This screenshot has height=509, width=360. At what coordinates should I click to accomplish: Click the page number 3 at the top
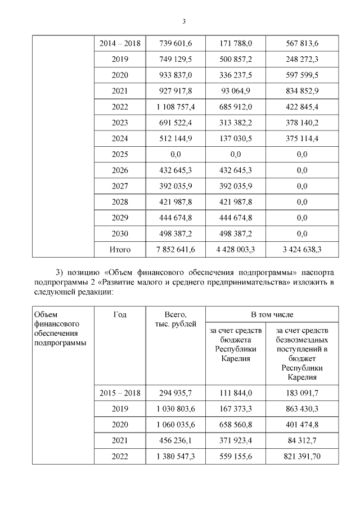pos(184,22)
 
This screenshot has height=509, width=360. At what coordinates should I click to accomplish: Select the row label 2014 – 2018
pos(120,43)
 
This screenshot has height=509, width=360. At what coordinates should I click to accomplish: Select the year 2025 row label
pos(120,154)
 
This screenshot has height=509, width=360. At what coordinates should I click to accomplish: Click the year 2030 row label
pos(120,232)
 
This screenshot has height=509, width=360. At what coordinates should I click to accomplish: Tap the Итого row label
pos(120,249)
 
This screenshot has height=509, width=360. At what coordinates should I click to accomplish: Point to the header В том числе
pos(272,314)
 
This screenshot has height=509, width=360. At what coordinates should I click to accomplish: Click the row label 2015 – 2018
pos(120,393)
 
